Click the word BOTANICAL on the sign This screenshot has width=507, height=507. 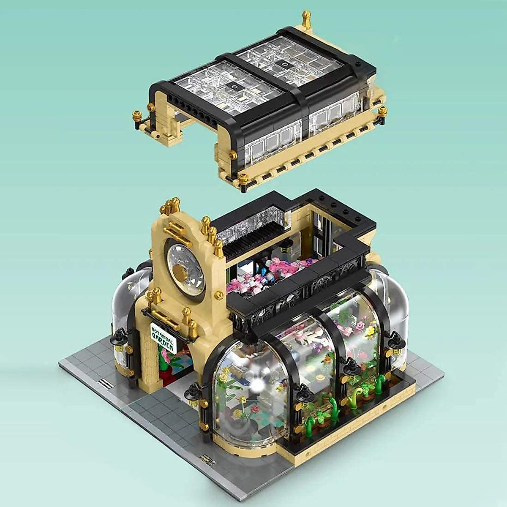coord(161,334)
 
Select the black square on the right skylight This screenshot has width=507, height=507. coord(285,64)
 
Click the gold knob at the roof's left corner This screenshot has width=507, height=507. coord(138,115)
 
